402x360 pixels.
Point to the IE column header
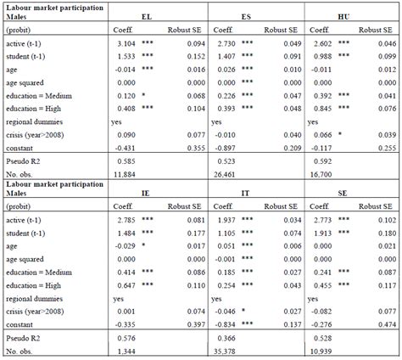(170, 193)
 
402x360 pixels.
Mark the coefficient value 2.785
(126, 218)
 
